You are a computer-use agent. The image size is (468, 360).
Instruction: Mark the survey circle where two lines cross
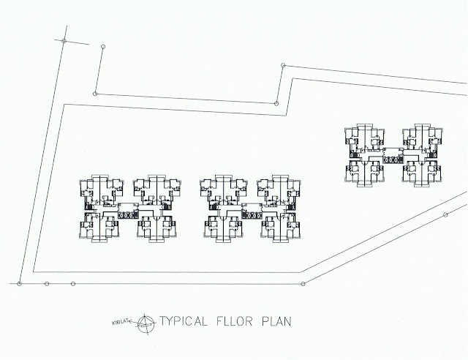(x=64, y=41)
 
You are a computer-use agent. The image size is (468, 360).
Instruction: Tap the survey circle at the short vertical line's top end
(x=102, y=47)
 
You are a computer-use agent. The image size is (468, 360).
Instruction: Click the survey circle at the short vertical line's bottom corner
(x=95, y=93)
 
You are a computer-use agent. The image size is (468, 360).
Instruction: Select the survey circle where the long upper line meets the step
(x=276, y=103)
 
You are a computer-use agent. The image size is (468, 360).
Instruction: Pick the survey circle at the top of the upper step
(x=282, y=66)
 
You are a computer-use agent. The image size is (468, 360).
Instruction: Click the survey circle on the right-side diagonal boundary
(x=445, y=214)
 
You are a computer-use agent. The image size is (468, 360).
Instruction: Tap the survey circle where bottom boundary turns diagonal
(x=303, y=283)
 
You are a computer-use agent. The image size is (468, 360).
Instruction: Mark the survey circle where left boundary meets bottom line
(x=20, y=282)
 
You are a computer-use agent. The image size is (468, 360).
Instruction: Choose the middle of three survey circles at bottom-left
(x=47, y=282)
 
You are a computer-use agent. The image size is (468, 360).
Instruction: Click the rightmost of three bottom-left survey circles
(x=73, y=282)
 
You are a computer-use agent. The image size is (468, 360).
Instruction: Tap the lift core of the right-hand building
(x=392, y=154)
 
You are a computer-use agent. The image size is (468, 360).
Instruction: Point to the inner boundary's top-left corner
(x=64, y=105)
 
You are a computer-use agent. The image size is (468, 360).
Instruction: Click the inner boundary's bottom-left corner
(x=34, y=269)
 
